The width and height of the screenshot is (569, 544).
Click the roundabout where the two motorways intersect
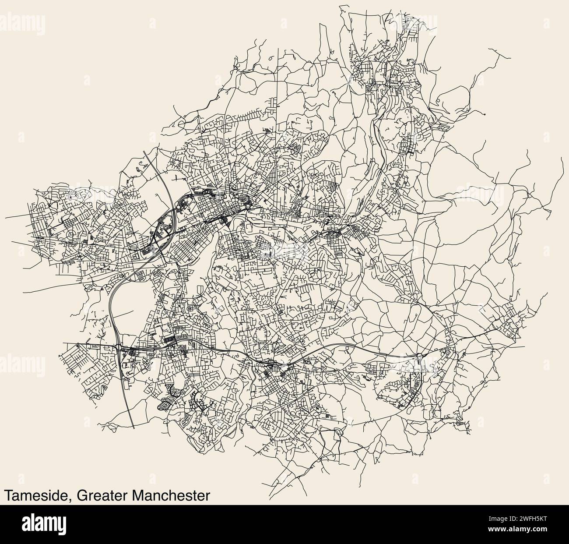tap(119, 348)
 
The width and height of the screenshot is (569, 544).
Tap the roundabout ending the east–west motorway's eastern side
tap(419, 356)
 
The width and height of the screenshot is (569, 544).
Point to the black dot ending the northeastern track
tap(485, 114)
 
